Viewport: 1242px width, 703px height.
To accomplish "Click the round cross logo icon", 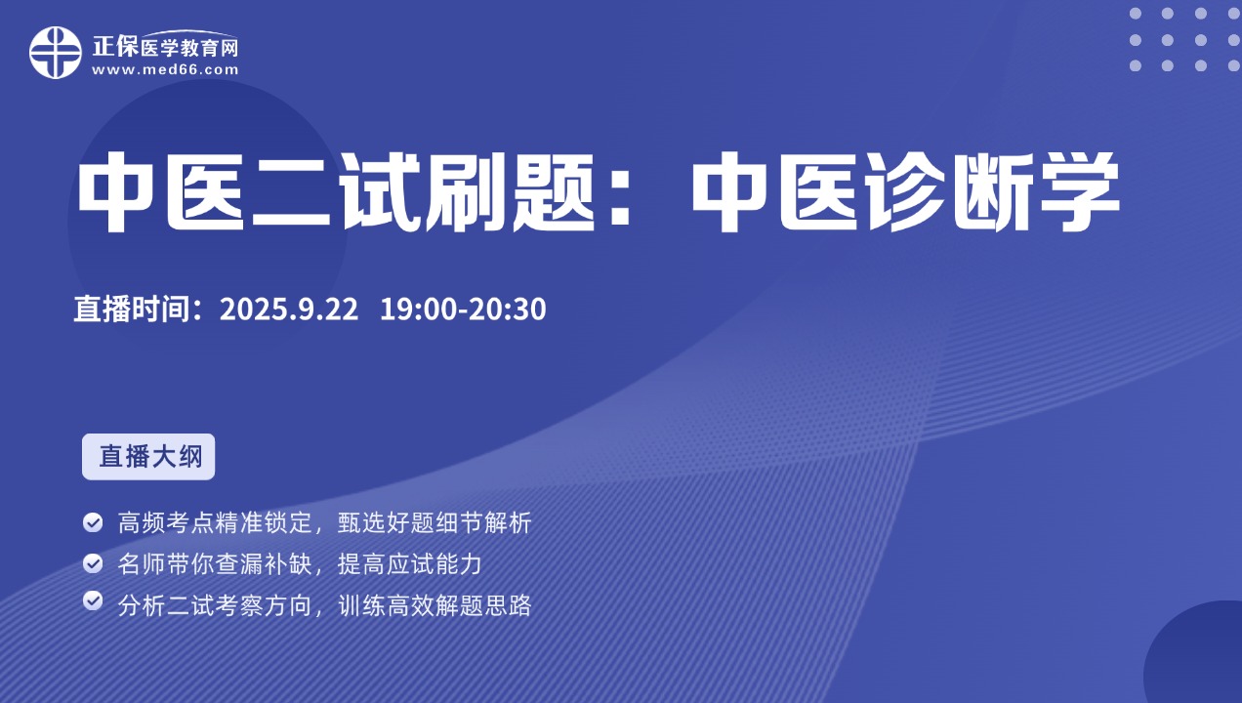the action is [x=56, y=53].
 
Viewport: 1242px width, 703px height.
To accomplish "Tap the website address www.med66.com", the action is [x=165, y=70].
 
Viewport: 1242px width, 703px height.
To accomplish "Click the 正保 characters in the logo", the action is [x=115, y=47].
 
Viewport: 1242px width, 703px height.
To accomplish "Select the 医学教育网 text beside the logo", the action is [x=189, y=48].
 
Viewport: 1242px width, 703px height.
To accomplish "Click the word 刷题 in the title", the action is [x=510, y=191].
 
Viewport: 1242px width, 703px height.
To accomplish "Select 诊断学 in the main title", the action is [x=994, y=191].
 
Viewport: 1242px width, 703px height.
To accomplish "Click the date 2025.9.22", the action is [x=289, y=309].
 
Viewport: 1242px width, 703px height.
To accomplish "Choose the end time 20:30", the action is [x=508, y=309].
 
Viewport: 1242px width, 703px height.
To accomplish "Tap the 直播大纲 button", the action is [x=148, y=457].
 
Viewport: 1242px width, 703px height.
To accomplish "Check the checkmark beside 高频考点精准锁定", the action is [x=93, y=522].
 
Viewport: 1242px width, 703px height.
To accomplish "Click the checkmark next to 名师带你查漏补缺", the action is [x=93, y=563].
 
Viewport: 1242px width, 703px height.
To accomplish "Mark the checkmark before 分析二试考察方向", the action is [x=93, y=601].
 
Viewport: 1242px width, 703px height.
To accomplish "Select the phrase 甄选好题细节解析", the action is [x=435, y=522].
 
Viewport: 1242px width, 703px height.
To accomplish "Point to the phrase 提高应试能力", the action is [x=410, y=564].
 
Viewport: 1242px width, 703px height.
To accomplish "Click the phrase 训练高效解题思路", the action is [x=435, y=605].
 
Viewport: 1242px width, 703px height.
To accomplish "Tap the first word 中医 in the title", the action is [x=161, y=191].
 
